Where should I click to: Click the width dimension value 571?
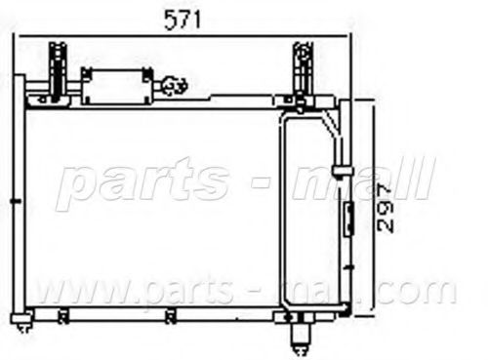point(183,20)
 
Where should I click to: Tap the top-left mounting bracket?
point(58,71)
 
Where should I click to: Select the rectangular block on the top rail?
point(116,86)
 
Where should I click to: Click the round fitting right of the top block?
point(175,86)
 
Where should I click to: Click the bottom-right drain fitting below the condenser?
point(300,334)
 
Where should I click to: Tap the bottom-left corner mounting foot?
point(22,322)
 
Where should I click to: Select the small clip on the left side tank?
point(16,201)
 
